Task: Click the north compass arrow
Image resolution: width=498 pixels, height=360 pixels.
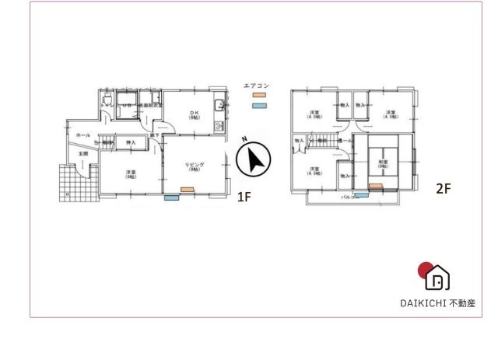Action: click(x=252, y=159)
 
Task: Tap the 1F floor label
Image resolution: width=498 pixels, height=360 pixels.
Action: click(x=244, y=197)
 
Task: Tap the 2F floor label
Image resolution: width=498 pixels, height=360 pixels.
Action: click(x=443, y=189)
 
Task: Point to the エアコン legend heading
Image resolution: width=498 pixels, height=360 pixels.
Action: click(x=256, y=86)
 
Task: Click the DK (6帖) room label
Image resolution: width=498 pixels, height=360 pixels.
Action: click(x=195, y=116)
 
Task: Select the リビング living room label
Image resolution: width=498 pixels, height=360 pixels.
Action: click(x=194, y=166)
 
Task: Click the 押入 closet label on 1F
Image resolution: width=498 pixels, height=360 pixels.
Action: click(x=131, y=143)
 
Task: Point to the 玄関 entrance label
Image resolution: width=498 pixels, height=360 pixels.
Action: click(x=82, y=154)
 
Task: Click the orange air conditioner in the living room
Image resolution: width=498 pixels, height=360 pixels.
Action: click(x=188, y=190)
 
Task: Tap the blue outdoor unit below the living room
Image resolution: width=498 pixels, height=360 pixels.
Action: click(x=171, y=198)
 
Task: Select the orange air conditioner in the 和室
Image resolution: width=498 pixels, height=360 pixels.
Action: click(x=375, y=187)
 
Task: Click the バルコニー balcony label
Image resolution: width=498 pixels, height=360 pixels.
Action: click(x=351, y=197)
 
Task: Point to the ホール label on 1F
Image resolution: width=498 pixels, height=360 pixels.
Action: click(x=82, y=135)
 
